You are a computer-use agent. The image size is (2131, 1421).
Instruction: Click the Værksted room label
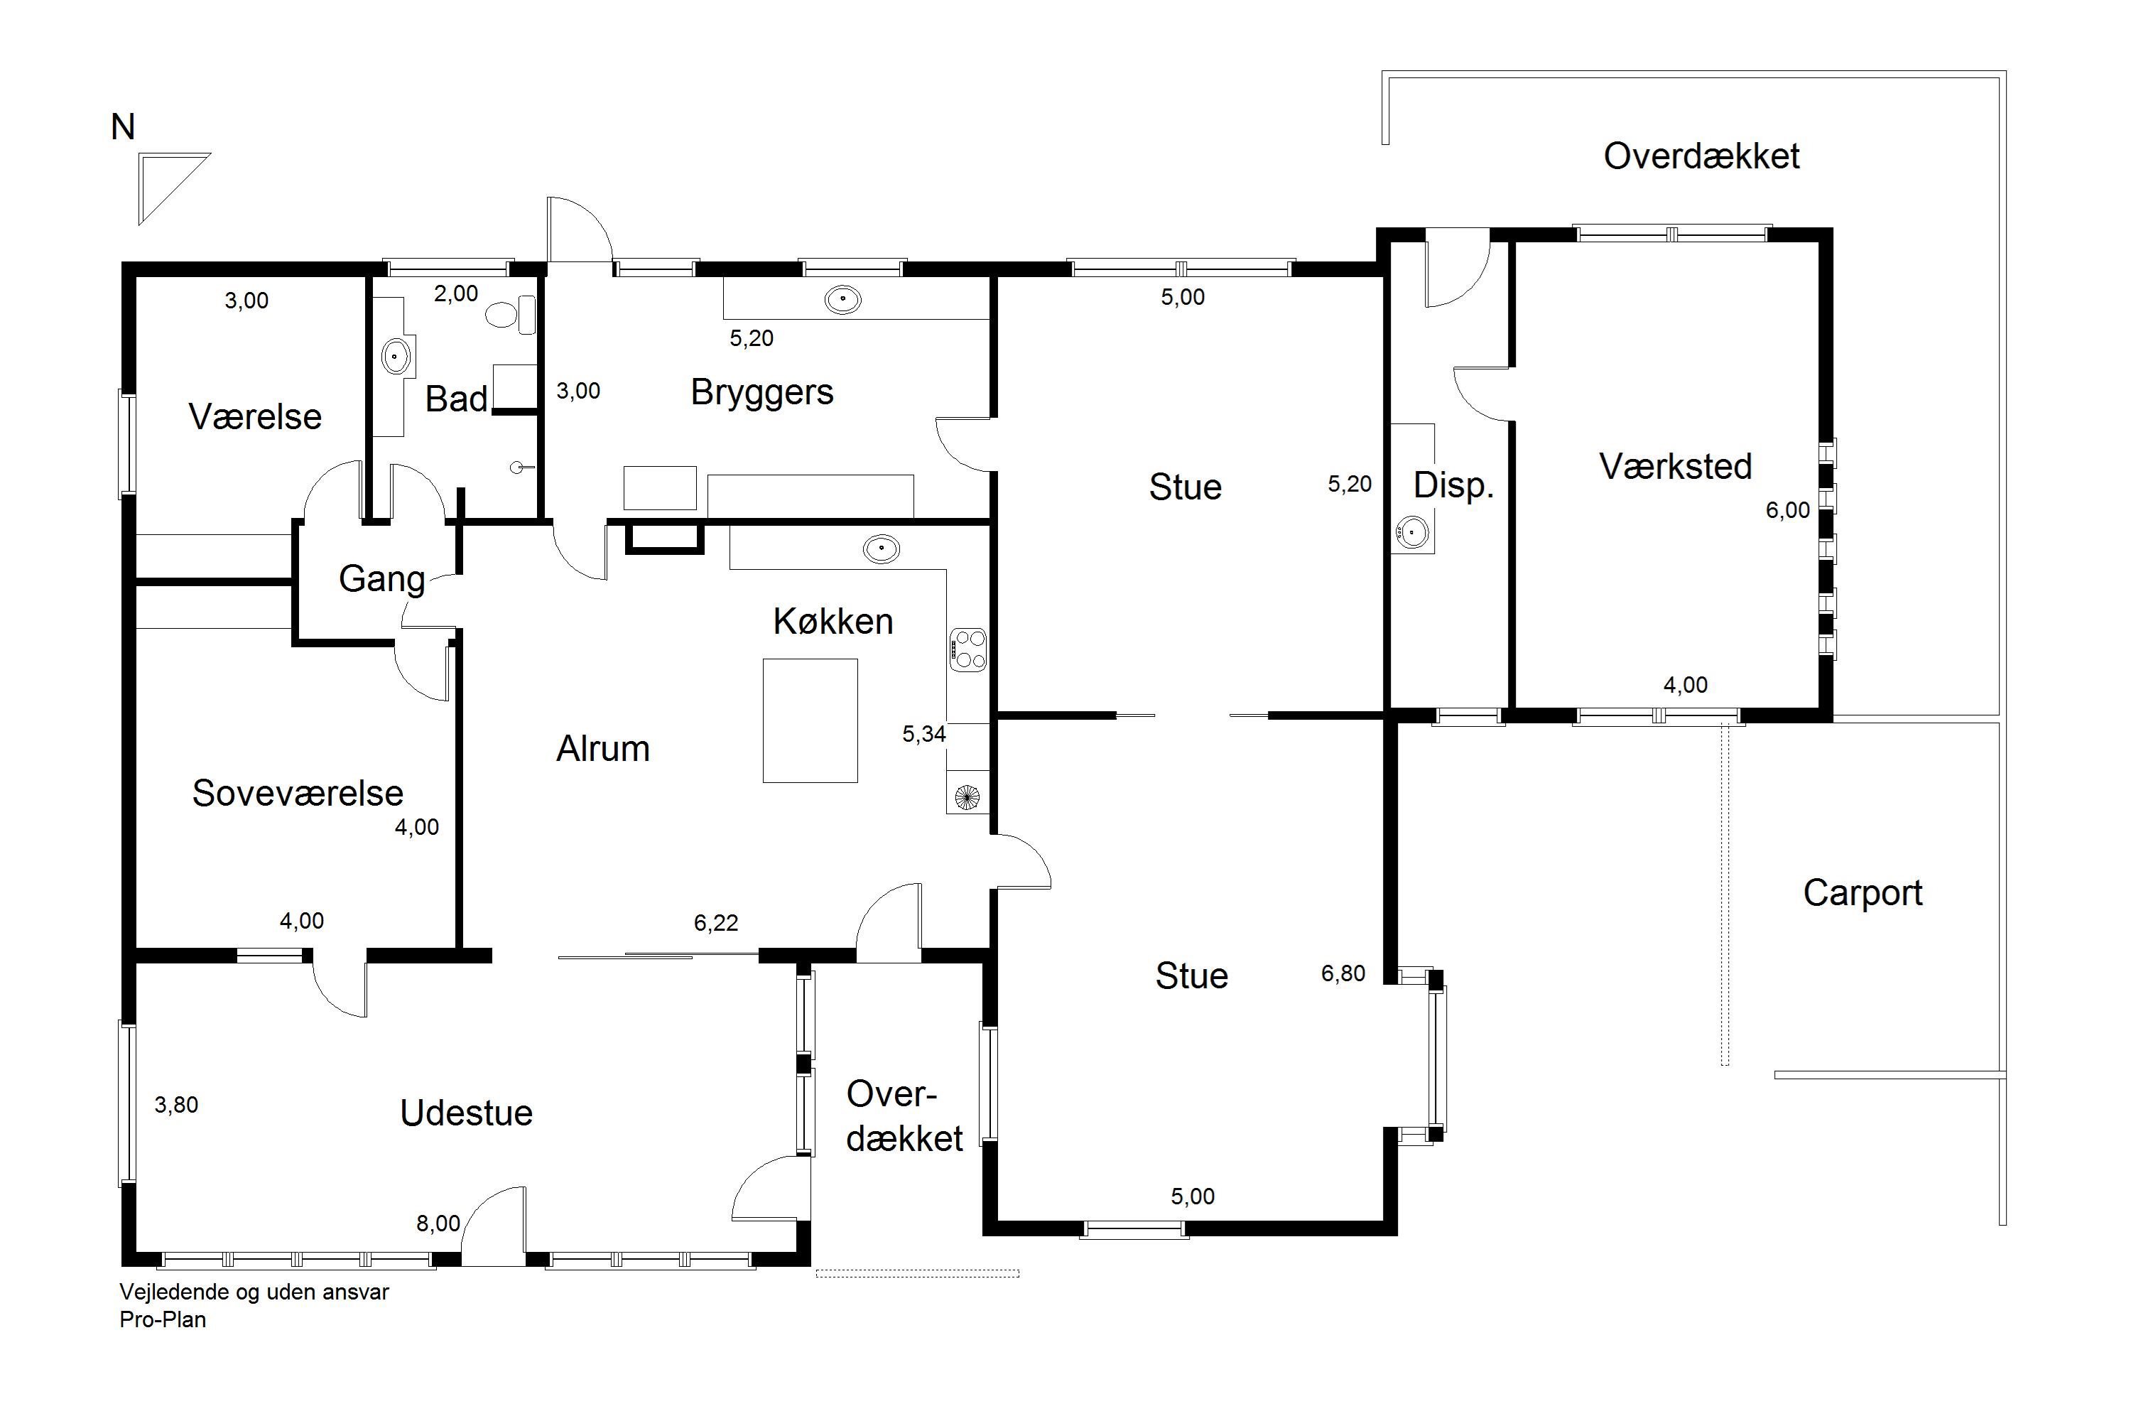pos(1675,467)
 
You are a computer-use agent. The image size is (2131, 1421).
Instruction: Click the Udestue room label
pos(467,1113)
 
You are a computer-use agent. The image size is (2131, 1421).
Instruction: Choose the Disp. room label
pos(1453,487)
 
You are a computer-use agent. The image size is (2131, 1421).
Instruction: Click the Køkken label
pos(833,622)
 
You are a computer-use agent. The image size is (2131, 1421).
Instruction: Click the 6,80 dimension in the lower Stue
pos(1343,973)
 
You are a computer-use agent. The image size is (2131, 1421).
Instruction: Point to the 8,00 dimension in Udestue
pos(438,1223)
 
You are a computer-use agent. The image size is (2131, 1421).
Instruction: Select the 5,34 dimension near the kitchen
pos(924,734)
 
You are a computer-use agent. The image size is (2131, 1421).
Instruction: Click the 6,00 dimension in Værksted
pos(1788,510)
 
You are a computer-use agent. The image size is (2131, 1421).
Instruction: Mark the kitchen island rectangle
pos(810,720)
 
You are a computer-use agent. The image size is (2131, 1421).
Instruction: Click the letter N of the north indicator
pos(123,128)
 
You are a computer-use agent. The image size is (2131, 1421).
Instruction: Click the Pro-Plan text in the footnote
pos(163,1319)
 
